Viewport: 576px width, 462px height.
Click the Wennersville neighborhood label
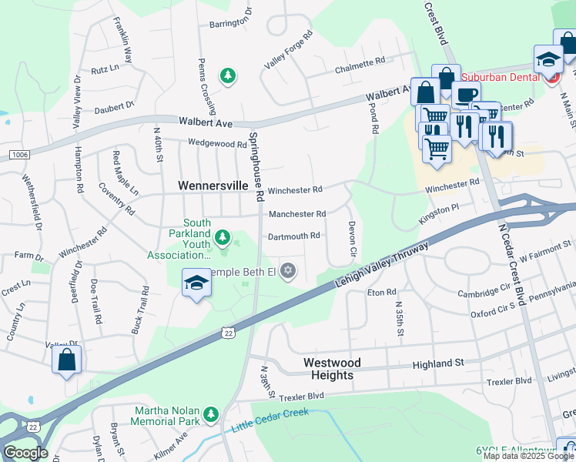point(213,186)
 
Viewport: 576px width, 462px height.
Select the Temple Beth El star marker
point(288,269)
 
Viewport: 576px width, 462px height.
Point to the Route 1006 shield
point(19,155)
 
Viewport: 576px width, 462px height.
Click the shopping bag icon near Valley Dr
point(67,360)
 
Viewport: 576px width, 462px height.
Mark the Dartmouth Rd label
point(293,236)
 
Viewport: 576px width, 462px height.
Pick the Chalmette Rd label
point(359,65)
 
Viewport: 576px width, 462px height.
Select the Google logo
point(25,453)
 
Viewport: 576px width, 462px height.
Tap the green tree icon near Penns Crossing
point(227,75)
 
